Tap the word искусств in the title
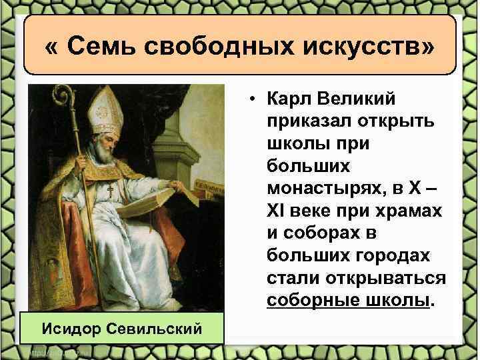point(355,46)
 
